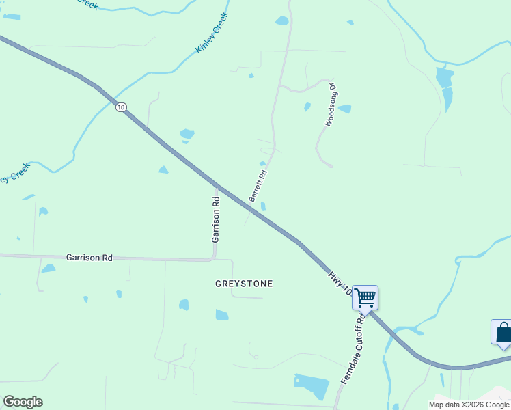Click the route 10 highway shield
(121, 107)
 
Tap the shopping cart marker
(365, 297)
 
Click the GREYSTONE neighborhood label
(244, 284)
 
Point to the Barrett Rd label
(257, 185)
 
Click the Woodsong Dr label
(331, 105)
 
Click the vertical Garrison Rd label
(216, 220)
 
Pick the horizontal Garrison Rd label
(89, 258)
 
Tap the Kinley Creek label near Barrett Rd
(212, 32)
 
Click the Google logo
(23, 402)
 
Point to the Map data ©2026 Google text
(469, 405)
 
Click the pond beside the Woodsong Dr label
(345, 109)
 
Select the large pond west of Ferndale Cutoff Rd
(312, 386)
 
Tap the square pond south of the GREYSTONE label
(222, 315)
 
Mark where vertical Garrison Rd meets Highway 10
(217, 186)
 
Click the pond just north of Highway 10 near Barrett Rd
(264, 206)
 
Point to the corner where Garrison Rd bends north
(215, 258)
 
